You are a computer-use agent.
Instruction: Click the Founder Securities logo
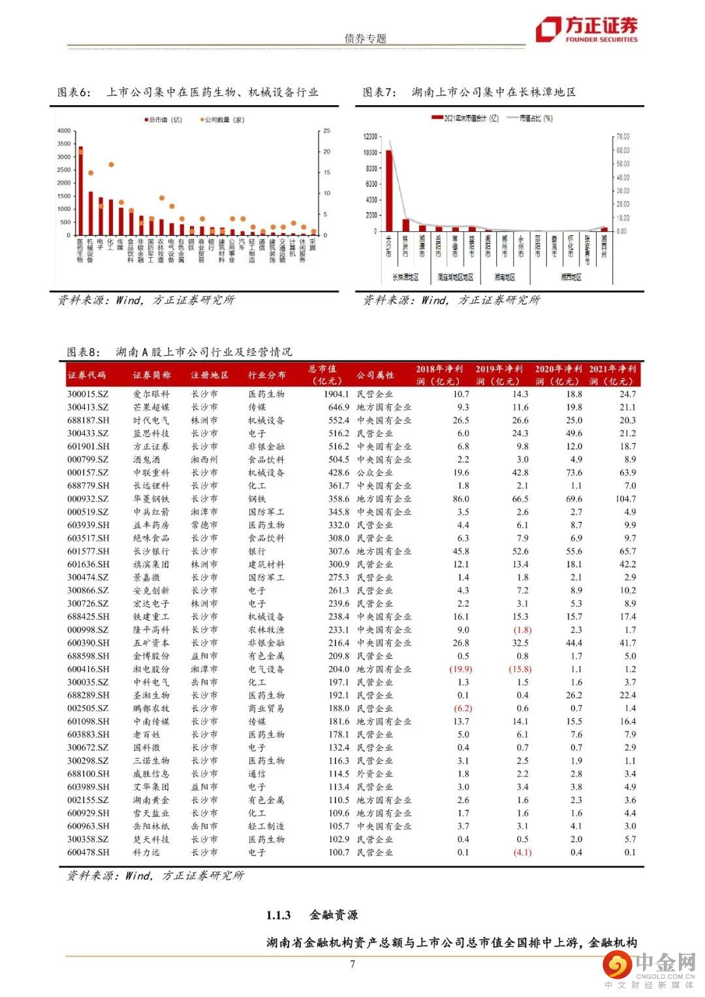pos(586,29)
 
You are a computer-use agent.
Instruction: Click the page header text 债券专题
pos(365,39)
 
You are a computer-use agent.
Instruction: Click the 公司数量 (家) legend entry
pos(222,120)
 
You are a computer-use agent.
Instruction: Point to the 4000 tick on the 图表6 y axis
pos(63,131)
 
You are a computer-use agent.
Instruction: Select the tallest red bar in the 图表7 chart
pos(389,190)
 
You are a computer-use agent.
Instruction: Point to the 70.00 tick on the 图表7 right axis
pos(622,137)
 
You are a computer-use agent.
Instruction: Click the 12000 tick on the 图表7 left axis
pos(370,137)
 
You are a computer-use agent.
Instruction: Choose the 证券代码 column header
pos(87,375)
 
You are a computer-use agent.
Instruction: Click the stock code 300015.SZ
pos(88,394)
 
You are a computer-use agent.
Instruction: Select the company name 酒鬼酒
pos(147,460)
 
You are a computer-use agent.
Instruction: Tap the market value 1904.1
pos(336,394)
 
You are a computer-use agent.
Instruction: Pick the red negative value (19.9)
pos(460,669)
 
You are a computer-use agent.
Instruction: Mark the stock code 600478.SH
pos(88,853)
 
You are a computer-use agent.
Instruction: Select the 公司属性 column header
pos(375,375)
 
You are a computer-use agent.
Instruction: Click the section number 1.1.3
pos(278,915)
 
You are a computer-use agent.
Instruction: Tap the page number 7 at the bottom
pos(352,964)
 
